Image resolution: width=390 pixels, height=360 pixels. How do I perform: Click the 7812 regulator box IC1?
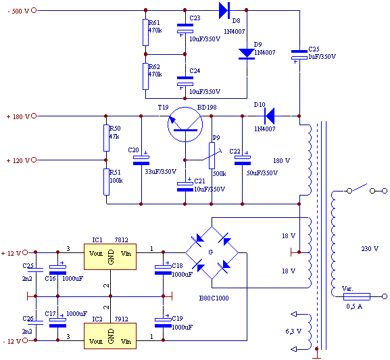click(110, 256)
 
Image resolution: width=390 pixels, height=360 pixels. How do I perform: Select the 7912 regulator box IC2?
click(110, 336)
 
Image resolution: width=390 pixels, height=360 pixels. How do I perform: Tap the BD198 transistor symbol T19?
click(185, 125)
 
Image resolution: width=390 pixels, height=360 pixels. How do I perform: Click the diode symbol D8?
click(224, 10)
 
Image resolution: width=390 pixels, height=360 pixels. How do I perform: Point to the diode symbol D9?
click(247, 54)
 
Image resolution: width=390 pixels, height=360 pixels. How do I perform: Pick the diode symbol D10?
click(270, 116)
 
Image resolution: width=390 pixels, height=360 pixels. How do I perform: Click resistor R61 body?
click(145, 32)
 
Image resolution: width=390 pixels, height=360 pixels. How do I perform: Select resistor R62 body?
click(145, 76)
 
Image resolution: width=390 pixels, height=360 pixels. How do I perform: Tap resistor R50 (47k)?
click(106, 138)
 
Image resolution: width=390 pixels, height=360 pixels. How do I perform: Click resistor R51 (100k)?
click(106, 182)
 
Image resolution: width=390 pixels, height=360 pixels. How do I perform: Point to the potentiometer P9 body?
click(212, 156)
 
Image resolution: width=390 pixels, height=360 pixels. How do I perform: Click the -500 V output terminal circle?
click(34, 10)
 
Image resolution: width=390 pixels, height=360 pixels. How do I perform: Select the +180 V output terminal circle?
click(34, 116)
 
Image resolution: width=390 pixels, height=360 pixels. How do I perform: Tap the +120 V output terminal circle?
click(34, 160)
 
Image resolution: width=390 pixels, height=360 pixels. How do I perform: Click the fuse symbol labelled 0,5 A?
click(357, 296)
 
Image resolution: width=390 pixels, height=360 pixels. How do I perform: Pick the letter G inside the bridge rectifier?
click(211, 252)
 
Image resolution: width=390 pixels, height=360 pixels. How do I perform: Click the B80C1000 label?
click(214, 298)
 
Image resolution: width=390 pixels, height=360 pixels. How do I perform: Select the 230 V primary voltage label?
click(370, 249)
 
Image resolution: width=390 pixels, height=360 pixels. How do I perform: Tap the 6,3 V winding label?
click(293, 332)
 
